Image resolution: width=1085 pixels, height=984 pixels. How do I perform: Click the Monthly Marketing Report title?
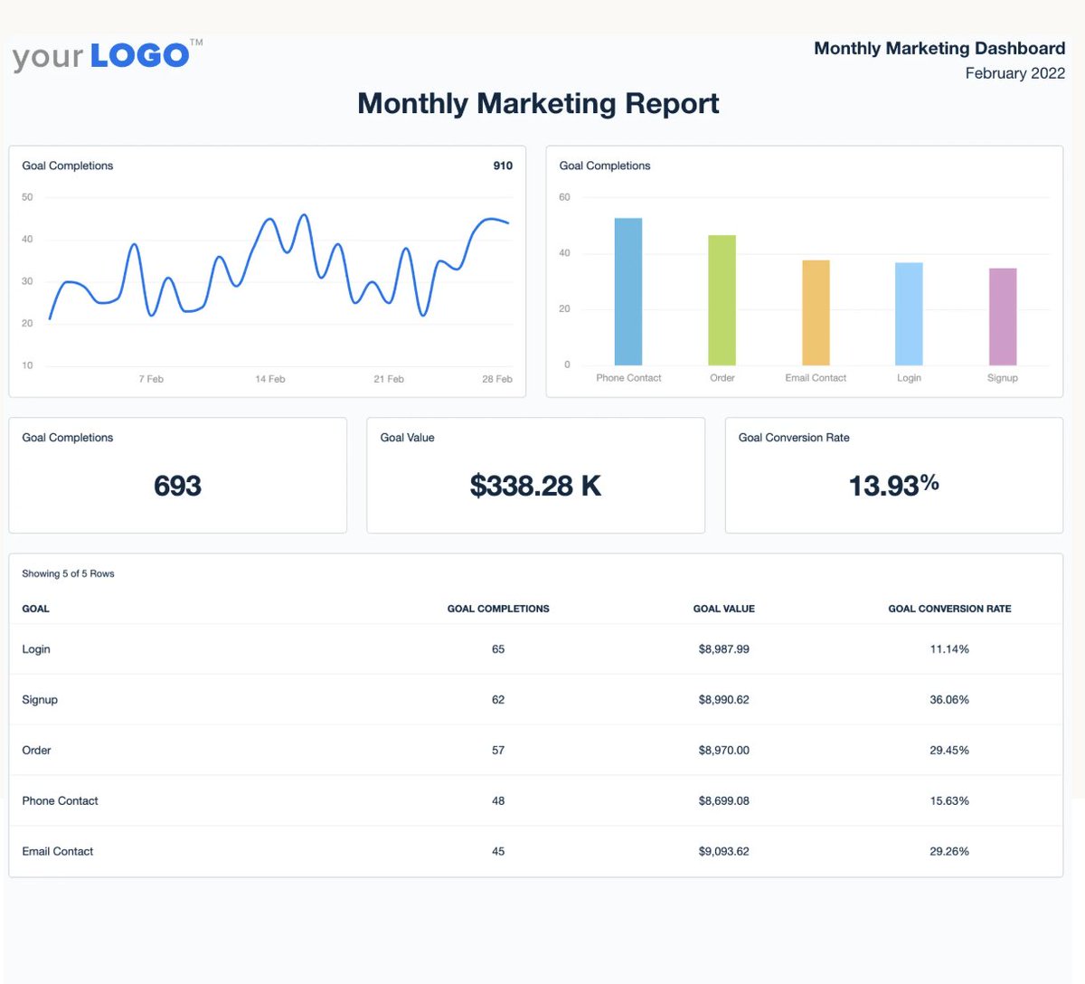tap(538, 104)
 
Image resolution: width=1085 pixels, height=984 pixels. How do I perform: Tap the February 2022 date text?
tap(1014, 73)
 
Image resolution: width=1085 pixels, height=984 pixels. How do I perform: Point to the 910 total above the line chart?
tap(503, 166)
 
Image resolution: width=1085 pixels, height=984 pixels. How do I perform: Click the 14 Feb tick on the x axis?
tap(269, 379)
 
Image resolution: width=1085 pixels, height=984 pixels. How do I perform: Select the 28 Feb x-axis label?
tap(496, 379)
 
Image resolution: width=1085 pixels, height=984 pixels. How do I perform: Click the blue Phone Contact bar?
tap(627, 291)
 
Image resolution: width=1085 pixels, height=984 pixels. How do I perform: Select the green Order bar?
tap(722, 300)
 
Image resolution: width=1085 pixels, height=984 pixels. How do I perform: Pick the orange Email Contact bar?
tap(816, 313)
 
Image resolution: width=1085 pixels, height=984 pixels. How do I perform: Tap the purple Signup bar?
tap(1002, 317)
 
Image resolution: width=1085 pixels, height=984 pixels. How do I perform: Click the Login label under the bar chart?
tap(909, 378)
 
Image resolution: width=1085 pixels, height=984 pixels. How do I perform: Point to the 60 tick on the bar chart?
tap(564, 197)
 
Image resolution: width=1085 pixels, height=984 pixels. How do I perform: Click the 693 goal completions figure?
tap(177, 486)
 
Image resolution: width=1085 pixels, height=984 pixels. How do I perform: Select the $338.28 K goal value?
tap(535, 486)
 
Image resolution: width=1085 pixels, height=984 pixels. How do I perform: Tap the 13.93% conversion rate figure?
tap(893, 486)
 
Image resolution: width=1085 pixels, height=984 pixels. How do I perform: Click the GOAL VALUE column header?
tap(723, 609)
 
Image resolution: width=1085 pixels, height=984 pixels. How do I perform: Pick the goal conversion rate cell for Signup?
tap(948, 700)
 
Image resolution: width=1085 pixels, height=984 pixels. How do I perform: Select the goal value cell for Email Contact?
tap(723, 852)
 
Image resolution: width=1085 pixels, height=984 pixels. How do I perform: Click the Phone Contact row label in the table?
tap(60, 801)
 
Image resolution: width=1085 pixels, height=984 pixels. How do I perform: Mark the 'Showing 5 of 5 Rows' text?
tap(68, 573)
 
